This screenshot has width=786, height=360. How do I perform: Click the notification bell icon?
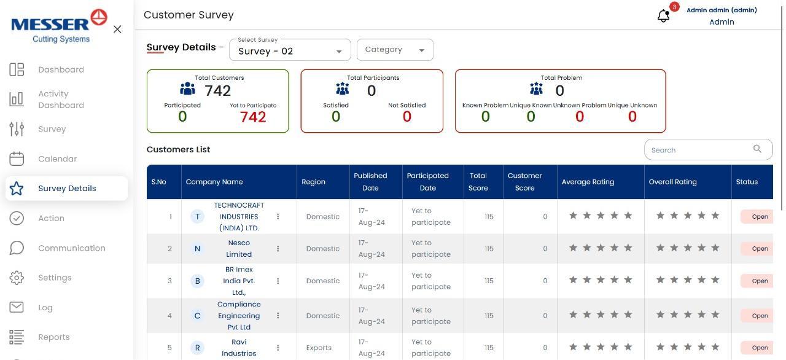pyautogui.click(x=663, y=16)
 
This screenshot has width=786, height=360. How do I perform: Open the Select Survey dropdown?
pyautogui.click(x=289, y=50)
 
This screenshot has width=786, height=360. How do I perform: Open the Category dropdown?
pyautogui.click(x=394, y=50)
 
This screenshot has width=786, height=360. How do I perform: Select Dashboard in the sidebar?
pyautogui.click(x=61, y=69)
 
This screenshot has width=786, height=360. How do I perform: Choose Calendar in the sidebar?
pyautogui.click(x=57, y=158)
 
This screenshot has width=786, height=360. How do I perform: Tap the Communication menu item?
pyautogui.click(x=71, y=248)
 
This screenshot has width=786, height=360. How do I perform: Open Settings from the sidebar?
pyautogui.click(x=55, y=278)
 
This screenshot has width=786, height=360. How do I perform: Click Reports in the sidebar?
pyautogui.click(x=53, y=337)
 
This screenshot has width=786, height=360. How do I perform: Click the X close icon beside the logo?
pyautogui.click(x=117, y=29)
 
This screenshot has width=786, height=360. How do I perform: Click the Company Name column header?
pyautogui.click(x=214, y=182)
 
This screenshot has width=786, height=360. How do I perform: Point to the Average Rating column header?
pyautogui.click(x=588, y=182)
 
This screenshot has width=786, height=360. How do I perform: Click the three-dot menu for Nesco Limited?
pyautogui.click(x=278, y=249)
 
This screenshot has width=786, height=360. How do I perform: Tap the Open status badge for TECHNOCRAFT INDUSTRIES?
pyautogui.click(x=759, y=216)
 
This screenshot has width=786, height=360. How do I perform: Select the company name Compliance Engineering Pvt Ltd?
pyautogui.click(x=239, y=316)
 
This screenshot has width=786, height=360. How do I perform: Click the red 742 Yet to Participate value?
pyautogui.click(x=253, y=117)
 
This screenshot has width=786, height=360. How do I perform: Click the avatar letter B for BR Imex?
pyautogui.click(x=197, y=281)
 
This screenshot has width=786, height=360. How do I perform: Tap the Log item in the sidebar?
pyautogui.click(x=45, y=308)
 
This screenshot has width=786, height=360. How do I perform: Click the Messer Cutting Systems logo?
pyautogui.click(x=59, y=26)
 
